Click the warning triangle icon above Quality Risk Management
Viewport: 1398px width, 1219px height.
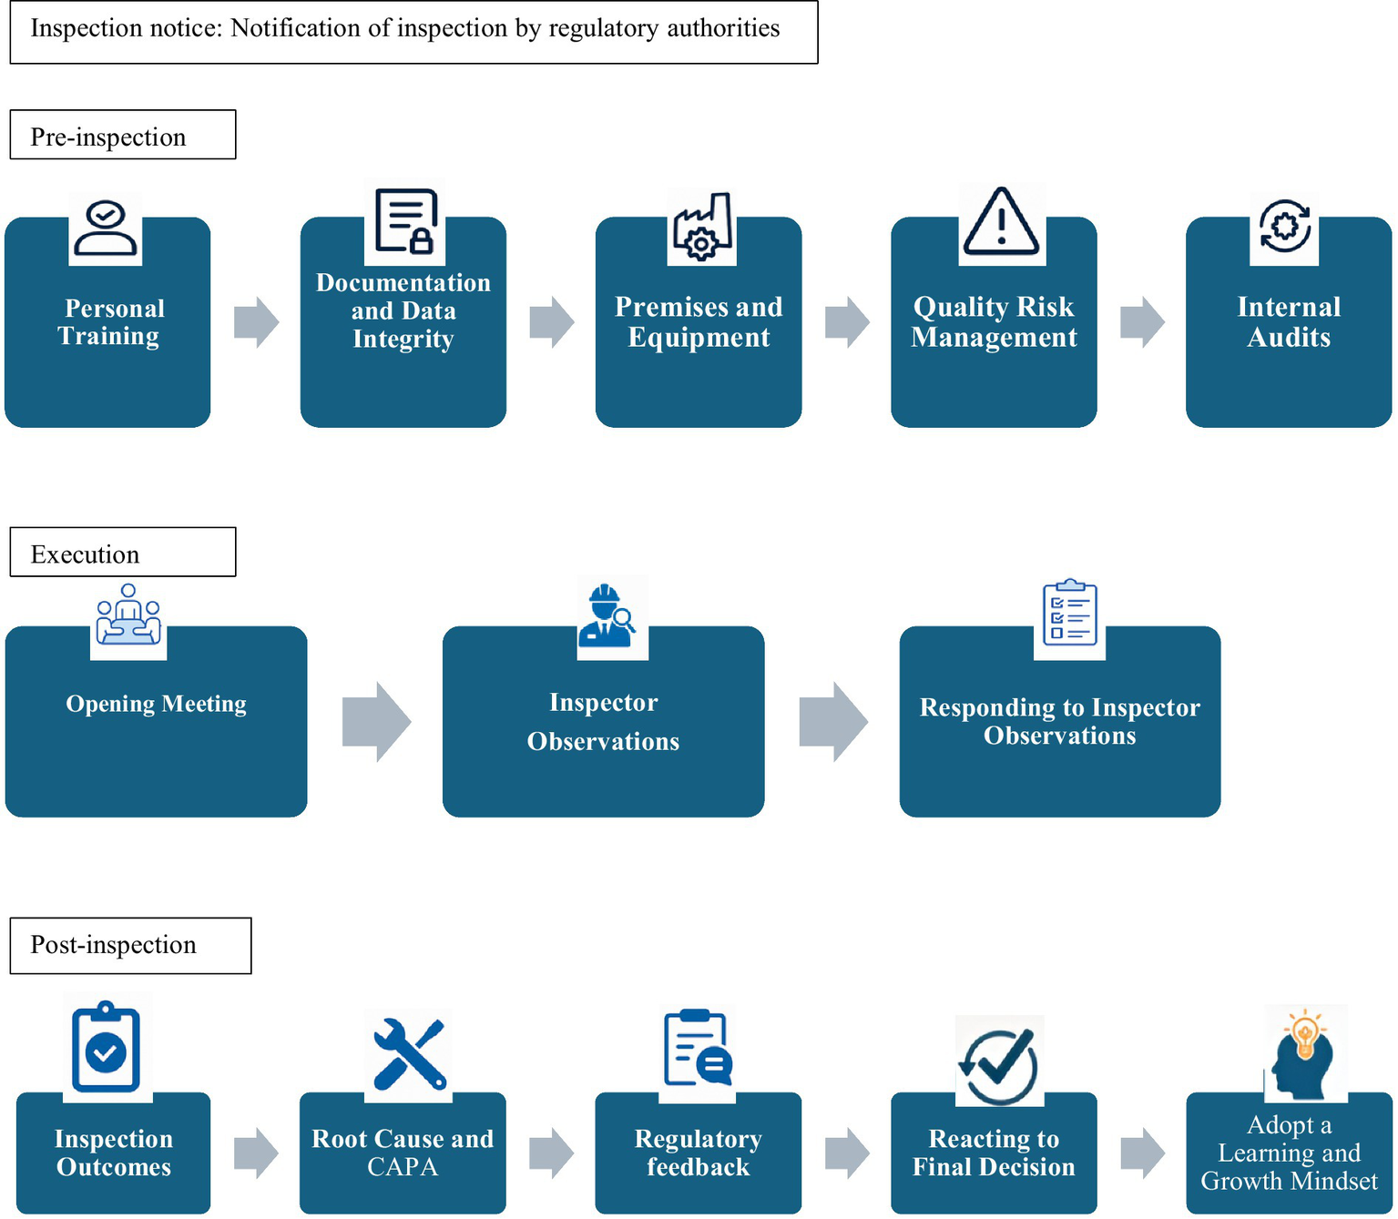point(1001,222)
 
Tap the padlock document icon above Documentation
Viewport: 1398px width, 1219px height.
point(406,221)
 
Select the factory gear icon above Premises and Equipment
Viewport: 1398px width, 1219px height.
point(701,227)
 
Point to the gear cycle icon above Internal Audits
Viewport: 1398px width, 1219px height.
point(1284,226)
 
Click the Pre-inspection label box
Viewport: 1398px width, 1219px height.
point(122,136)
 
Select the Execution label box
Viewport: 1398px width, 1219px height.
point(122,553)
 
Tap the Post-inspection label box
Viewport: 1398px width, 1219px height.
point(130,946)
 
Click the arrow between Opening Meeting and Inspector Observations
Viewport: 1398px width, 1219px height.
point(376,721)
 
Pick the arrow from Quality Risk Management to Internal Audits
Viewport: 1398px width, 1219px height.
point(1142,321)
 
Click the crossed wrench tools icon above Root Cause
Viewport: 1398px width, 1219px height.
point(409,1054)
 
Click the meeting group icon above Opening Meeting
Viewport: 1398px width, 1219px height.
point(128,616)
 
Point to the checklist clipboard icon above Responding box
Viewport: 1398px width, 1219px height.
point(1069,613)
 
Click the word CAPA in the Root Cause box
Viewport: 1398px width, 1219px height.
point(402,1167)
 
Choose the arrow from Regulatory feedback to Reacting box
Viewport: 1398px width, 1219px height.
point(847,1153)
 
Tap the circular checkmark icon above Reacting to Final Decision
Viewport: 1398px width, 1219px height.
point(998,1065)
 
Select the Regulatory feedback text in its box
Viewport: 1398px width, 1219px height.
point(698,1153)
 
